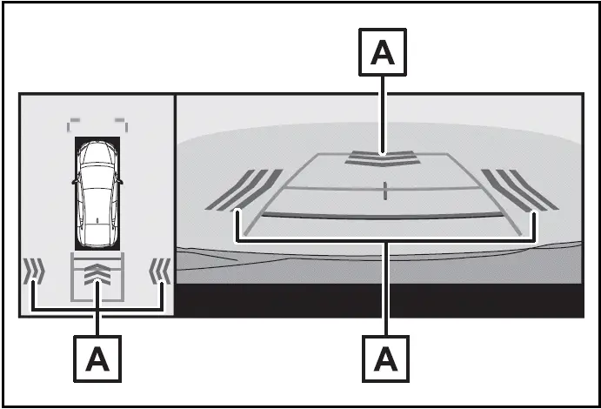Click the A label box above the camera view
(383, 51)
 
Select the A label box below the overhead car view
(97, 359)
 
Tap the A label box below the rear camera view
(385, 359)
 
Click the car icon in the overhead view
(97, 193)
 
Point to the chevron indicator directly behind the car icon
(97, 275)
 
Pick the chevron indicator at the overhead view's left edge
(34, 271)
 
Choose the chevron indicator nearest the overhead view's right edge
(160, 271)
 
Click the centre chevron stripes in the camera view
(383, 158)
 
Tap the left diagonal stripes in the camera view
(244, 190)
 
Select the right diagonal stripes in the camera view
(520, 190)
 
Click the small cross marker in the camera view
(384, 191)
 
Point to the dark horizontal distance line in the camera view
(383, 216)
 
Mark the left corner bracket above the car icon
(73, 124)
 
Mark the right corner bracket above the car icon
(122, 124)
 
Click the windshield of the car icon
(97, 158)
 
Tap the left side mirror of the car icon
(75, 181)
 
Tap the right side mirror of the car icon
(120, 181)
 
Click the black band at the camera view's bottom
(379, 300)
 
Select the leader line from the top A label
(383, 115)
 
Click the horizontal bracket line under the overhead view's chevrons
(97, 309)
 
